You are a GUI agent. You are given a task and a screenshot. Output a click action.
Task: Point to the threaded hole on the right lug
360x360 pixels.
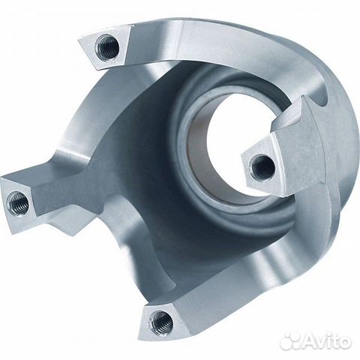[x=262, y=167]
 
